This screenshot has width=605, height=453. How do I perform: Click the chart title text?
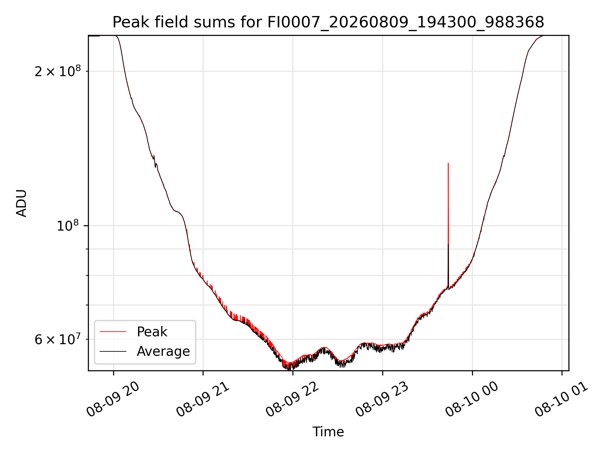[328, 22]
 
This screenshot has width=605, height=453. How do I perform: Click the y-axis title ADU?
[21, 203]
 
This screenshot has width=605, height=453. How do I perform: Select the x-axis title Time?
[328, 432]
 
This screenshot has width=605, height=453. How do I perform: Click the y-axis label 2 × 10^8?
[58, 71]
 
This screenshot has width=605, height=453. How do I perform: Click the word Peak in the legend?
[152, 332]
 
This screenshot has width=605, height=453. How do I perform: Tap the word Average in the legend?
[163, 351]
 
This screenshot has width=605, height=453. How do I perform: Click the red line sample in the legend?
[113, 332]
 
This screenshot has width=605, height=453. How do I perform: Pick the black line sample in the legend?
[113, 351]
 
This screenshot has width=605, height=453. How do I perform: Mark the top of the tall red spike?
[448, 163]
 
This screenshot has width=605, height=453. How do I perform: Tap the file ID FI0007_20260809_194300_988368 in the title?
[406, 23]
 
